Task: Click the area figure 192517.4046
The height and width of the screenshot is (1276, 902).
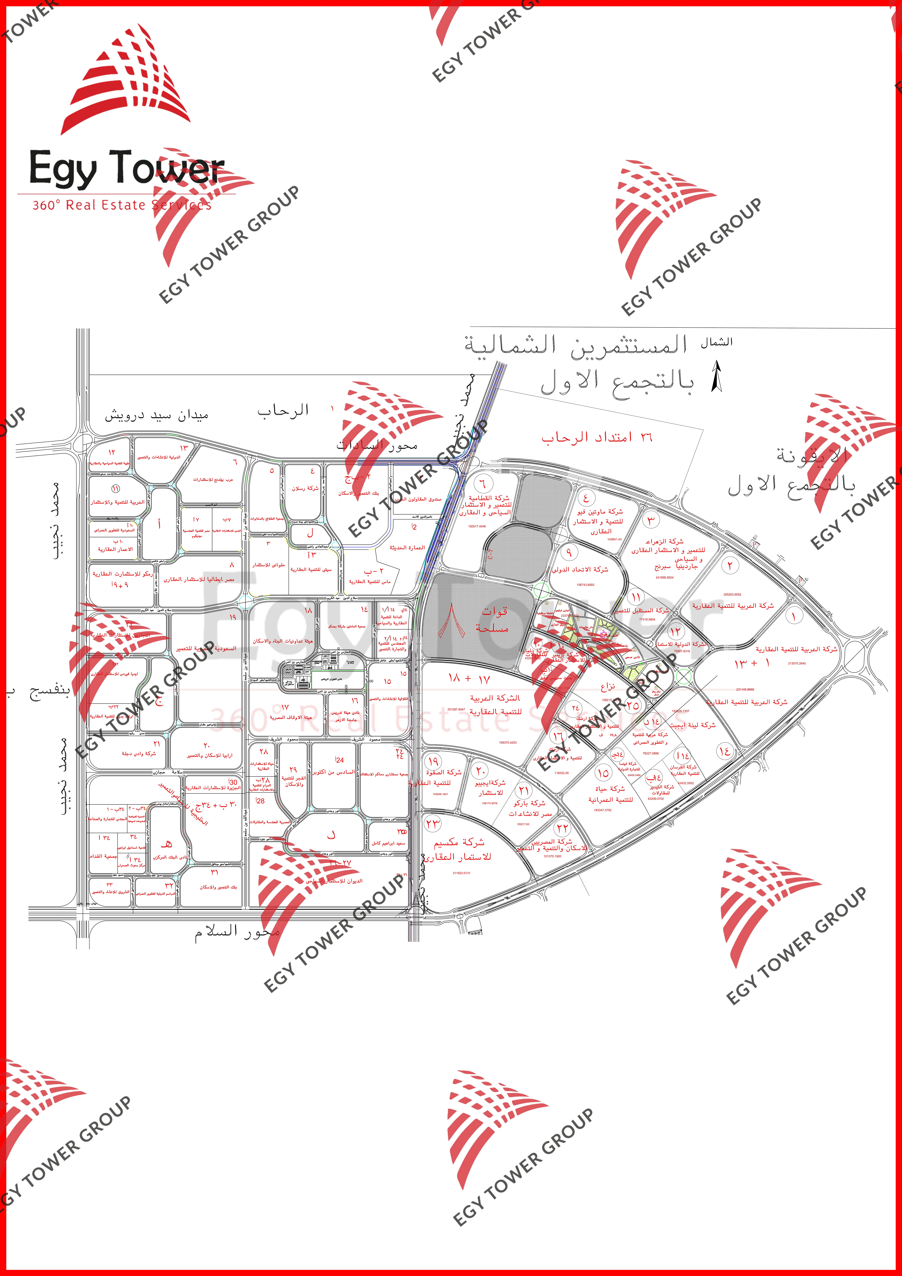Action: point(477,526)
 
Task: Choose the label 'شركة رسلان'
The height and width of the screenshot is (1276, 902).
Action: point(305,489)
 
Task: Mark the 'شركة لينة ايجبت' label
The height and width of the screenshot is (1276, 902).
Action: point(692,725)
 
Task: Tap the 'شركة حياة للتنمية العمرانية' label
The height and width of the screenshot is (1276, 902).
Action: point(610,794)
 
